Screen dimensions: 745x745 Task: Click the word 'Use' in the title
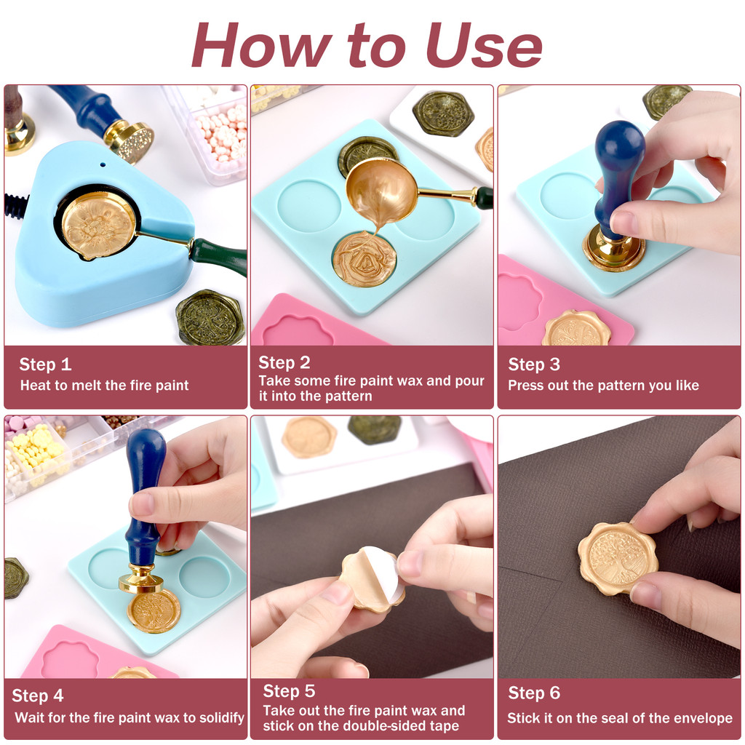point(484,45)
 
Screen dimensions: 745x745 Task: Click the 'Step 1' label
point(45,364)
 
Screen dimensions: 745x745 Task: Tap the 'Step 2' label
point(284,362)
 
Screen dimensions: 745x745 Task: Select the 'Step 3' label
point(534,364)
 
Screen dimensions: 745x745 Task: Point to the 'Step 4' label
point(38,696)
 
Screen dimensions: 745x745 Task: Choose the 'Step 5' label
point(289,691)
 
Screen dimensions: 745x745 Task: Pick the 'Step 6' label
point(534,693)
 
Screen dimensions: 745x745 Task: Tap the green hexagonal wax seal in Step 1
point(211,317)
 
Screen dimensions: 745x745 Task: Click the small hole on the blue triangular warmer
point(103,165)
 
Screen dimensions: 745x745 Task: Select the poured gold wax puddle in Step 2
point(364,260)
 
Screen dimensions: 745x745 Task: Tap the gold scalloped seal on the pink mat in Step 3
point(577,328)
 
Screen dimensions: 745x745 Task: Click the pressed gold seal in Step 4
point(154,611)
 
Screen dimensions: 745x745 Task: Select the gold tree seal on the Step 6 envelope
point(618,557)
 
